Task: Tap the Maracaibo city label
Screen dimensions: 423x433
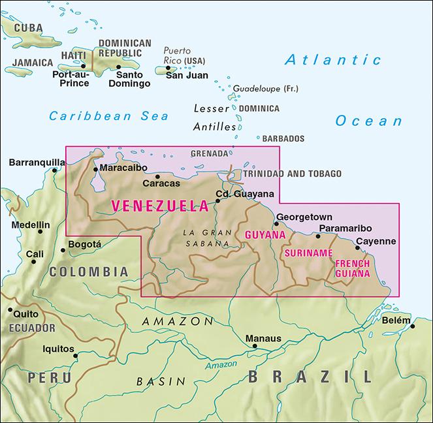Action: [x=121, y=168]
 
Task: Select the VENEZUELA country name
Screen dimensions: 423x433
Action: [x=159, y=205]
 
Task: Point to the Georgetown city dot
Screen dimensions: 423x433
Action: [x=277, y=224]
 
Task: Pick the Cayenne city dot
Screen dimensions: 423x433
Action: [x=357, y=247]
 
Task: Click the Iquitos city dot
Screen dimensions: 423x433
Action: [x=76, y=356]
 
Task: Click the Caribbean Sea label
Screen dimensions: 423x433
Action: [x=108, y=116]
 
